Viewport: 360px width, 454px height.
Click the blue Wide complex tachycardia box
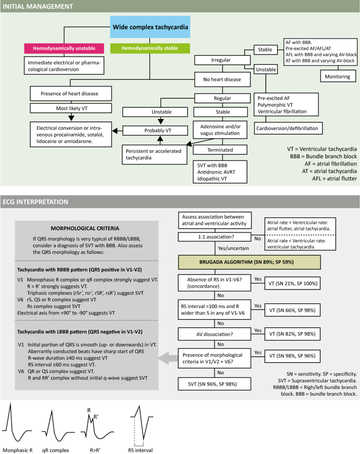150,27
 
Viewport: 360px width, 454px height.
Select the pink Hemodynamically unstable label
64,48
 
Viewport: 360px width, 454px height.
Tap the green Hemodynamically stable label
150,48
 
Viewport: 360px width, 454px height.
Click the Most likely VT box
71,108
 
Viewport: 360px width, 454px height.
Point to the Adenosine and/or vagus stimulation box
220,130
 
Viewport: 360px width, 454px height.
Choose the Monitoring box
337,76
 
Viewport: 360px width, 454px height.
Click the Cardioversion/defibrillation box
287,128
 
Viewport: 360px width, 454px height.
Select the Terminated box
220,150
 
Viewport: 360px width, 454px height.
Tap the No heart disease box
222,79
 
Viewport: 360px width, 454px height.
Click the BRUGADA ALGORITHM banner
249,262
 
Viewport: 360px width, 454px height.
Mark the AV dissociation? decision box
215,334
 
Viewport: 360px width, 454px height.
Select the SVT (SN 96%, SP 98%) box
215,384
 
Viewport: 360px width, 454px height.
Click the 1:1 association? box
215,237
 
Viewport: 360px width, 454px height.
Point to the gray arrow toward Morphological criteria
168,358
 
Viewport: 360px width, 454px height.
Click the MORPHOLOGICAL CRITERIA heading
85,228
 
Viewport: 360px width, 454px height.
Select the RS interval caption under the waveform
140,450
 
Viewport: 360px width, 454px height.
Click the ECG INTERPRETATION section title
35,202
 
